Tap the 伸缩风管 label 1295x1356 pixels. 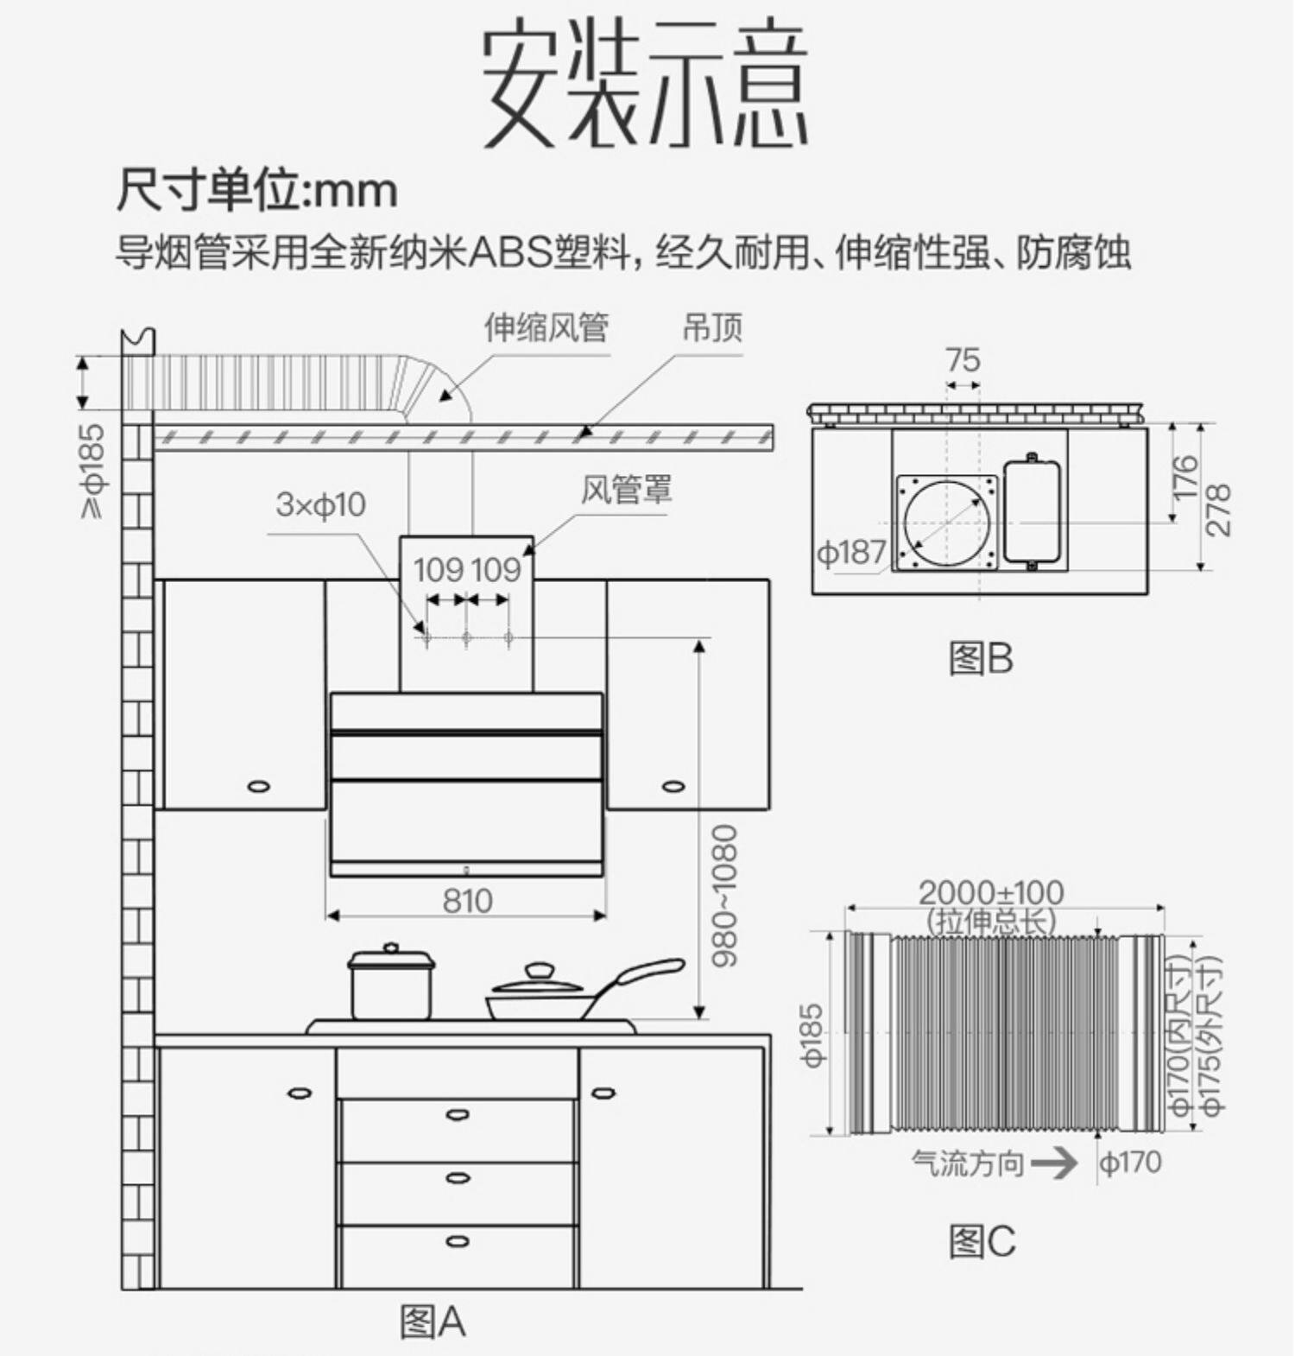546,327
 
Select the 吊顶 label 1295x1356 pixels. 712,327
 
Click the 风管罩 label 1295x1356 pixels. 626,489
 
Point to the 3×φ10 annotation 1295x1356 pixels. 320,504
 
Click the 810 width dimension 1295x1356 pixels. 467,901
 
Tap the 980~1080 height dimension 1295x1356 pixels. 725,895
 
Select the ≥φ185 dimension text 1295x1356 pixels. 92,471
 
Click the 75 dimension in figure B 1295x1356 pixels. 963,359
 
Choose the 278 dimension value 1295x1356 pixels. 1217,510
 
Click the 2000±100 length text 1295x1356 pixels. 990,892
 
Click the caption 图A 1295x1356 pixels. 433,1321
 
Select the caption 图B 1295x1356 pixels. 981,659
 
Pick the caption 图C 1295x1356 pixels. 982,1242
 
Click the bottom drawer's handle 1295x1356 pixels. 458,1241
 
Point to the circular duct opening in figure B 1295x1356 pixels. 947,523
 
